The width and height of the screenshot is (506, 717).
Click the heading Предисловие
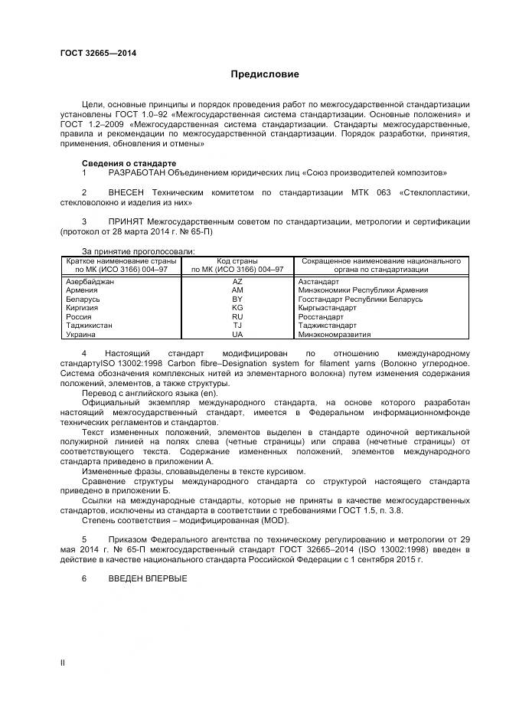pyautogui.click(x=265, y=74)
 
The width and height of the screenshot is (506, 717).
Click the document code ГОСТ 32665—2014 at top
pyautogui.click(x=98, y=53)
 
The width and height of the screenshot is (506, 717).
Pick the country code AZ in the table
pyautogui.click(x=237, y=282)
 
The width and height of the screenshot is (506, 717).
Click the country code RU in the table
pyautogui.click(x=237, y=316)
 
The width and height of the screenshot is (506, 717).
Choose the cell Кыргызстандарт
pyautogui.click(x=328, y=308)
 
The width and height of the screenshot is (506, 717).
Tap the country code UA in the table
pyautogui.click(x=237, y=335)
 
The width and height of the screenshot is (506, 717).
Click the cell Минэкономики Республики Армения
pyautogui.click(x=363, y=290)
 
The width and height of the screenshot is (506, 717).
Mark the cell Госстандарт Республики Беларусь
pyautogui.click(x=360, y=300)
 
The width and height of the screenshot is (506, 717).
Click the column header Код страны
pyautogui.click(x=237, y=261)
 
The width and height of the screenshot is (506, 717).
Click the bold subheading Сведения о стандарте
pyautogui.click(x=129, y=163)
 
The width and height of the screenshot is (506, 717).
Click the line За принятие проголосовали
pyautogui.click(x=138, y=251)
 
